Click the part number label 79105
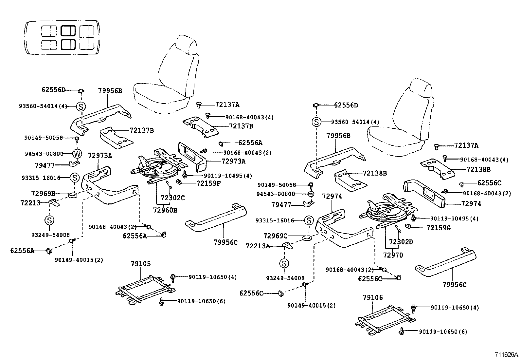point(141,264)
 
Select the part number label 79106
point(373,298)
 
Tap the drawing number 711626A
point(506,355)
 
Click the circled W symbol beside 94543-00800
point(77,153)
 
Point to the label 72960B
point(165,210)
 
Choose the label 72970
point(393,255)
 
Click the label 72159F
point(208,183)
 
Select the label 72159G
point(439,227)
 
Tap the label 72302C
point(172,198)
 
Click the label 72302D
point(401,242)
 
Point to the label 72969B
point(43,194)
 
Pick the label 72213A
point(258,246)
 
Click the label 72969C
point(276,236)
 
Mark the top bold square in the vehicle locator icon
point(68,31)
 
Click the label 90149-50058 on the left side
point(43,138)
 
